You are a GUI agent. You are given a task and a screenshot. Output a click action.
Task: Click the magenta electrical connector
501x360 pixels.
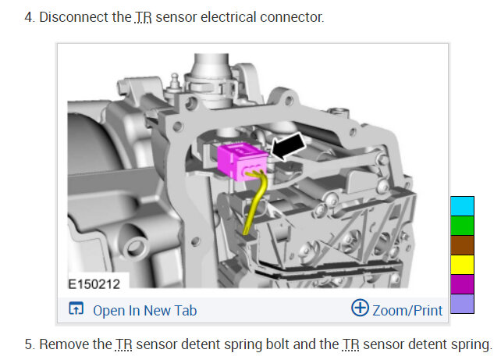pos(242,161)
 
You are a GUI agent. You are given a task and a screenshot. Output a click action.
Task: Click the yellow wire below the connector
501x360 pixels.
pos(256,201)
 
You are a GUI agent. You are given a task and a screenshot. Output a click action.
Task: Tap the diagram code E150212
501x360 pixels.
pos(94,284)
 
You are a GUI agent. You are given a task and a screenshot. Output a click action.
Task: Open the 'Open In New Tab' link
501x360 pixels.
pos(144,311)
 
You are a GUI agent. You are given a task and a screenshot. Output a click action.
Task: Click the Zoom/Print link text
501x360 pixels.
pos(407,311)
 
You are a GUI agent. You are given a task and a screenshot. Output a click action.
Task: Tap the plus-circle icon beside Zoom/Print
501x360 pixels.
pos(360,308)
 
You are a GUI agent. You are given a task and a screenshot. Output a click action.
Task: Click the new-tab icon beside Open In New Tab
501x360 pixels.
pos(76,308)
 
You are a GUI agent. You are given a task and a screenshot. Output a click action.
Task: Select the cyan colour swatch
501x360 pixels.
pos(462,206)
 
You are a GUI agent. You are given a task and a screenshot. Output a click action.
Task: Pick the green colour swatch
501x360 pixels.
pos(462,226)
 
